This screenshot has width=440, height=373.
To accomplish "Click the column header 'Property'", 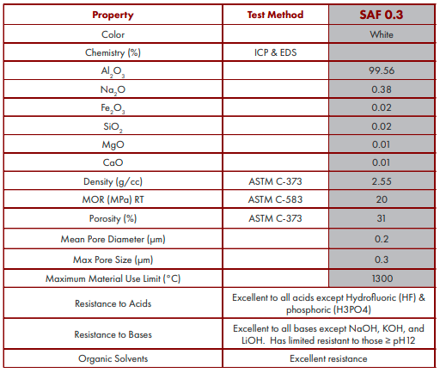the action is click(x=113, y=15).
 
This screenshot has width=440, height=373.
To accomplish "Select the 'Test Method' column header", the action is click(x=275, y=15).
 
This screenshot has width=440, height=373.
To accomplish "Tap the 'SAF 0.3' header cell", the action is click(x=382, y=15).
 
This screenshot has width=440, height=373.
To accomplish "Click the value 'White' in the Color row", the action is click(x=382, y=34).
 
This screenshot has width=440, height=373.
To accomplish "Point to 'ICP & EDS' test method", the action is click(x=275, y=52).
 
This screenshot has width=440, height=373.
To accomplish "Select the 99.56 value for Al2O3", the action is click(x=382, y=70).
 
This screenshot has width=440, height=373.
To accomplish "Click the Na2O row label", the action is click(x=113, y=90).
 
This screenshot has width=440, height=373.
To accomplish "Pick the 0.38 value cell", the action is click(x=382, y=89).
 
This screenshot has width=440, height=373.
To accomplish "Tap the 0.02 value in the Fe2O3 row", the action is click(x=382, y=107).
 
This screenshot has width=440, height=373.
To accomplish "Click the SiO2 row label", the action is click(x=113, y=126).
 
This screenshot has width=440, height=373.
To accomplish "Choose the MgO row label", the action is click(x=113, y=144).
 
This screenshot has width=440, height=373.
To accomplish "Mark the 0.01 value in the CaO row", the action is click(x=382, y=162).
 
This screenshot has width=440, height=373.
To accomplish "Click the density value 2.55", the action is click(x=382, y=181).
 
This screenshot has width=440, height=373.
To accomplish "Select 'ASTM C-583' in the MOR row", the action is click(x=275, y=199).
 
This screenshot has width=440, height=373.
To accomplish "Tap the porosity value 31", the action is click(x=382, y=218).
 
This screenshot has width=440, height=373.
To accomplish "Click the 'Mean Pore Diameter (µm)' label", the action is click(x=113, y=239).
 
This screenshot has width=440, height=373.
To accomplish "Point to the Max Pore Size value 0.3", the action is click(x=382, y=260).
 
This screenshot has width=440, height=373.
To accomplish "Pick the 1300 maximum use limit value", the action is click(x=382, y=278).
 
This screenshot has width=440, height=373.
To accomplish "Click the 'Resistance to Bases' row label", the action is click(x=113, y=334).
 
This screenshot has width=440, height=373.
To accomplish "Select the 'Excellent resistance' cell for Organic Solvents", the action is click(x=328, y=358).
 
